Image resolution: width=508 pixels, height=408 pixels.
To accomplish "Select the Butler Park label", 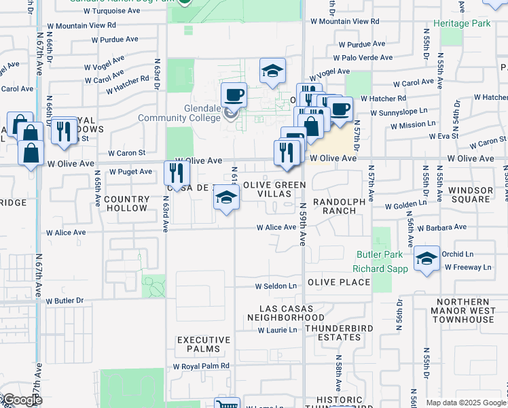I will (380, 255).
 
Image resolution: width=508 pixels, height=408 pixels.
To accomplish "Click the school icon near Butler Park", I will (427, 258).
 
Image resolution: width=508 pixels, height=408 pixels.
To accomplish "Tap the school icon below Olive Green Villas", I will (226, 199).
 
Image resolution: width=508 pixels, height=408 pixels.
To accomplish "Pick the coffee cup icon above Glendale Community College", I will (234, 95).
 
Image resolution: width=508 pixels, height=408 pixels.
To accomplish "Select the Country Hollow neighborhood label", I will (127, 203).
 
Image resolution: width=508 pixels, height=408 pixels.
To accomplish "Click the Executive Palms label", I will (198, 344).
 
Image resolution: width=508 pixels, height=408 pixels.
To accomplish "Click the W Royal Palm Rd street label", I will (201, 366).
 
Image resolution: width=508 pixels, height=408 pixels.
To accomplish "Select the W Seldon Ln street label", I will (276, 286).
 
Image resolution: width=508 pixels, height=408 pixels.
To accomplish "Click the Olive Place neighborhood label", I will (339, 282).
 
